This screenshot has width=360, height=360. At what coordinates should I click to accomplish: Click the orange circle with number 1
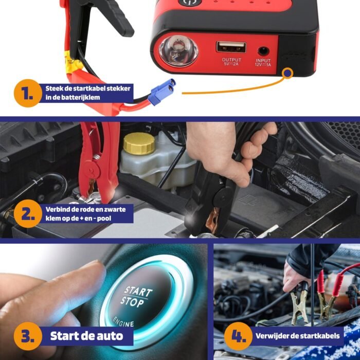[x=28, y=93]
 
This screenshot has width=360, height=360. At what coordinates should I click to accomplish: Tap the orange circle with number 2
[x=28, y=213]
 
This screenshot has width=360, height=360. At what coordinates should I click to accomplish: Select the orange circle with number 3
[x=28, y=336]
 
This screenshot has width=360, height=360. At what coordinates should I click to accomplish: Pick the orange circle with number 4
[x=238, y=336]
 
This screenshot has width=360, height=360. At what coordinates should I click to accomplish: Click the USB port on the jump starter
[x=231, y=47]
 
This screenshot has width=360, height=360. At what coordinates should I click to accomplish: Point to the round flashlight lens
[x=178, y=51]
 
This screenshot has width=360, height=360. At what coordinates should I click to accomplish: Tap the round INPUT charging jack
[x=263, y=51]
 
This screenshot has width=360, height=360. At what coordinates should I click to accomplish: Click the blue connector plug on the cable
[x=161, y=92]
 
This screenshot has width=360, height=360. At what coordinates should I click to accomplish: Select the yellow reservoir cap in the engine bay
[x=139, y=143]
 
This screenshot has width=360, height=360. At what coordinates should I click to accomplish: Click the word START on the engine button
[x=138, y=292]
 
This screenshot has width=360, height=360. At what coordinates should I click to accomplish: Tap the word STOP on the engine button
[x=132, y=302]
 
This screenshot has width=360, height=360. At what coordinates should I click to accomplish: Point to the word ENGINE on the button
[x=123, y=322]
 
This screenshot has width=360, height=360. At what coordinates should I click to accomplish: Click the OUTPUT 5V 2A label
[x=231, y=62]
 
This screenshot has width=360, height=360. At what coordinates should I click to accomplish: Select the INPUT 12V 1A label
[x=263, y=62]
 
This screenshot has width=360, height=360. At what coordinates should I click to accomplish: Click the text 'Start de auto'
[x=86, y=336]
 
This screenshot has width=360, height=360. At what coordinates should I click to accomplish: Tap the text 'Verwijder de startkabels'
[x=298, y=336]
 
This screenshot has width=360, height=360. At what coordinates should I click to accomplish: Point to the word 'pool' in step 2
[x=104, y=219]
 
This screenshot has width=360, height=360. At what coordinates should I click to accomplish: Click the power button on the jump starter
[x=190, y=2]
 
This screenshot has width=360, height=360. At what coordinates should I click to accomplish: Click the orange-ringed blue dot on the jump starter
[x=287, y=73]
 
